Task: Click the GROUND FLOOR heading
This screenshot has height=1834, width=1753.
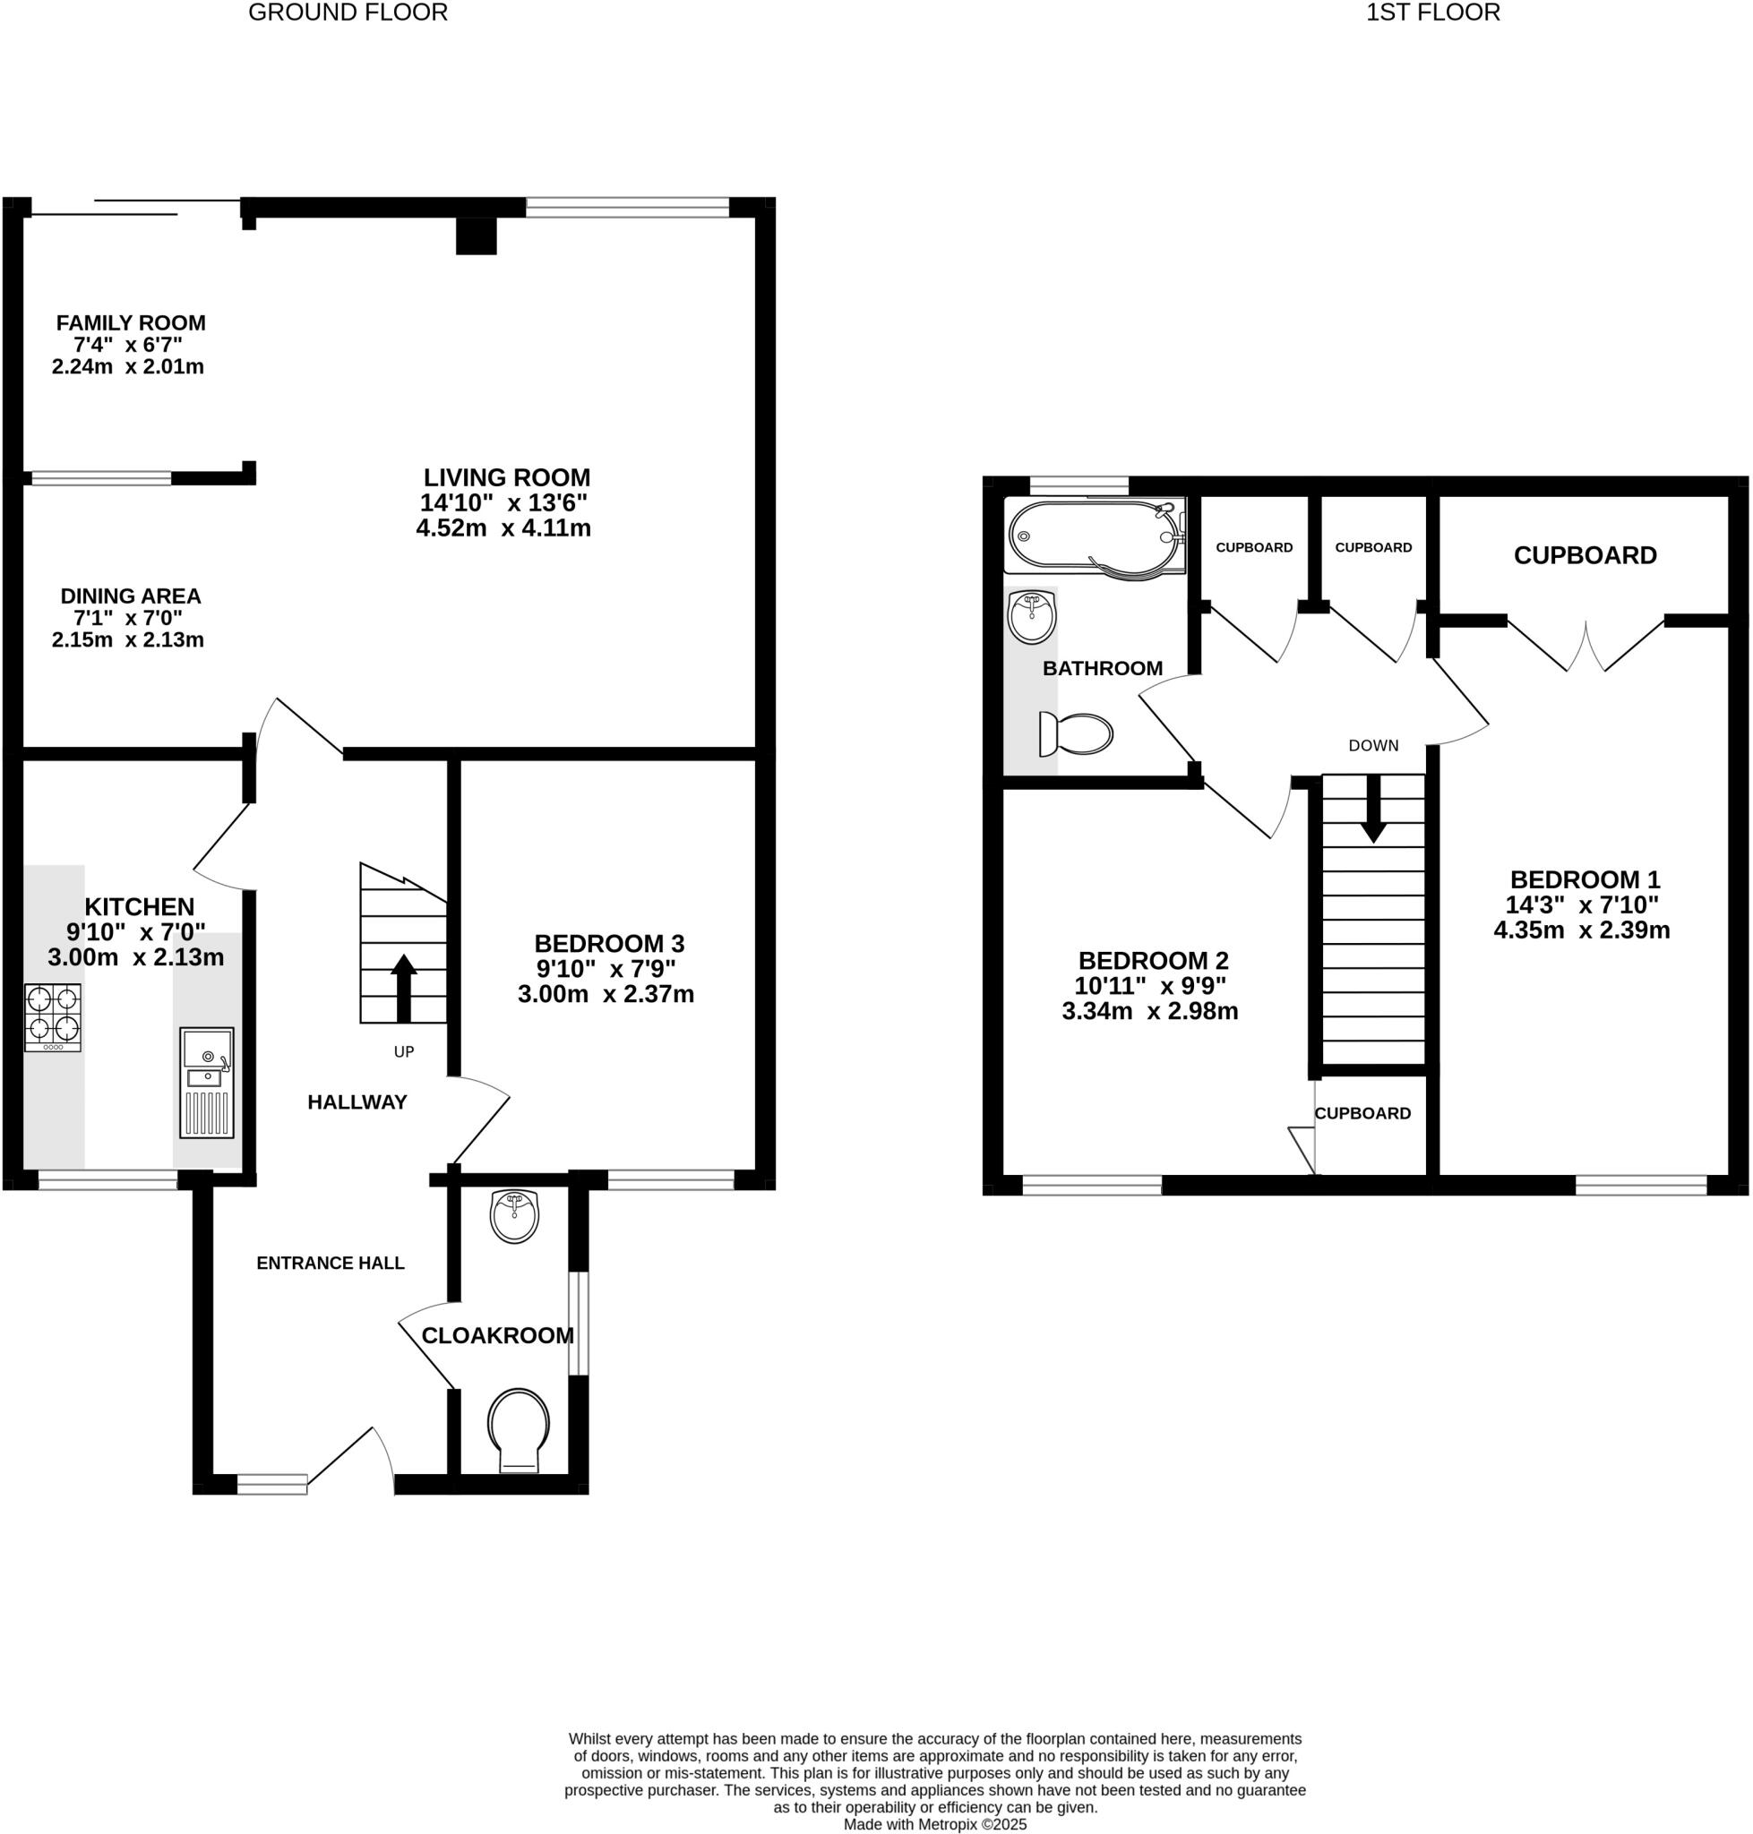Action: pos(348,13)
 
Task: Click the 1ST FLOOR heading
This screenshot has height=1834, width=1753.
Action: pos(1432,13)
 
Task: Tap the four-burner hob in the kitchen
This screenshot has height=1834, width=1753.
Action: pos(52,1016)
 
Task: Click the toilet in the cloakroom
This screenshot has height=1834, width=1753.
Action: pos(519,1430)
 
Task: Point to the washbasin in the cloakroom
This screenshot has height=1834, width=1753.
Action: pos(514,1216)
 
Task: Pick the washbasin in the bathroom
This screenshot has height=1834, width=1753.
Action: pos(1032,617)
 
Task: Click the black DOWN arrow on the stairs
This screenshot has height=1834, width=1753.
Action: pos(1372,808)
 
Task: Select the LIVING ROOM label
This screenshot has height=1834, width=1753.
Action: pos(505,477)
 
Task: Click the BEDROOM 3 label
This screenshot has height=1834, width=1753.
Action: pos(608,943)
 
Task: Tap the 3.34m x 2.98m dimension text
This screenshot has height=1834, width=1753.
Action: pos(1149,1011)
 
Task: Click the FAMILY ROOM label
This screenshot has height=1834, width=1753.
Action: pos(131,323)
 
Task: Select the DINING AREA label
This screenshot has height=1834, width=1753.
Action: pos(131,596)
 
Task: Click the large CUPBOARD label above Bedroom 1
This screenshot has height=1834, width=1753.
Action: pos(1585,556)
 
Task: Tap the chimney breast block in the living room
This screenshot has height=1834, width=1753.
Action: pos(476,236)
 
